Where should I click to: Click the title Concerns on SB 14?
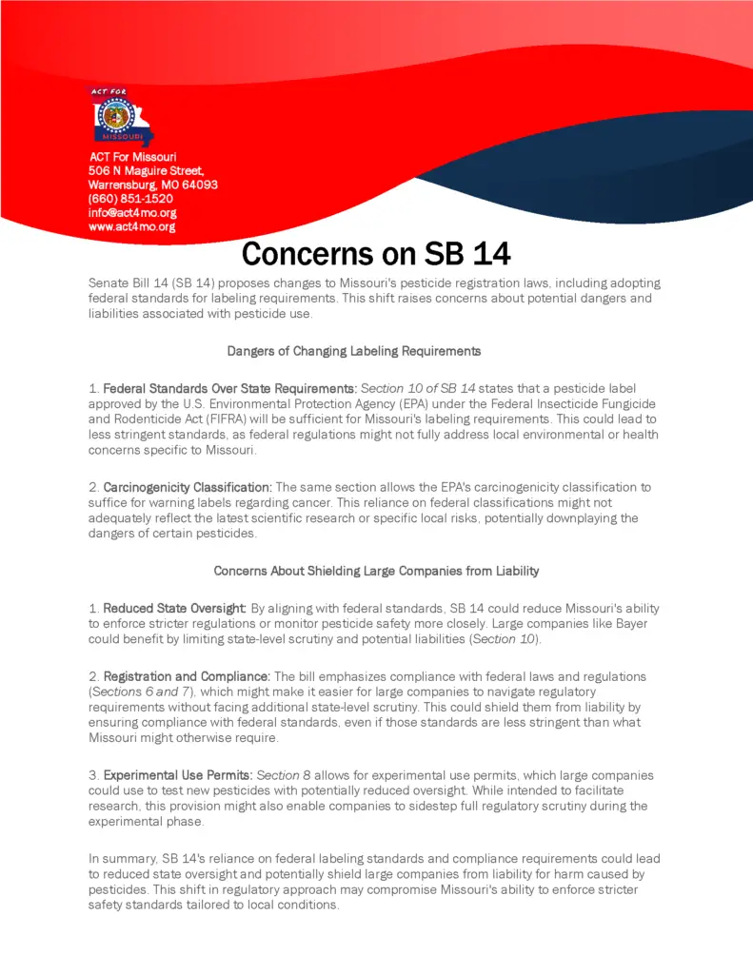376,254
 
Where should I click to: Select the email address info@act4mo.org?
132,213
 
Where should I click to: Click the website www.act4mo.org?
131,227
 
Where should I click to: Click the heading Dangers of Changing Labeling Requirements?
354,351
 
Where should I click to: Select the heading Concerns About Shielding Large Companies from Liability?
376,571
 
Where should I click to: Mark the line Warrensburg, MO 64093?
153,185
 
